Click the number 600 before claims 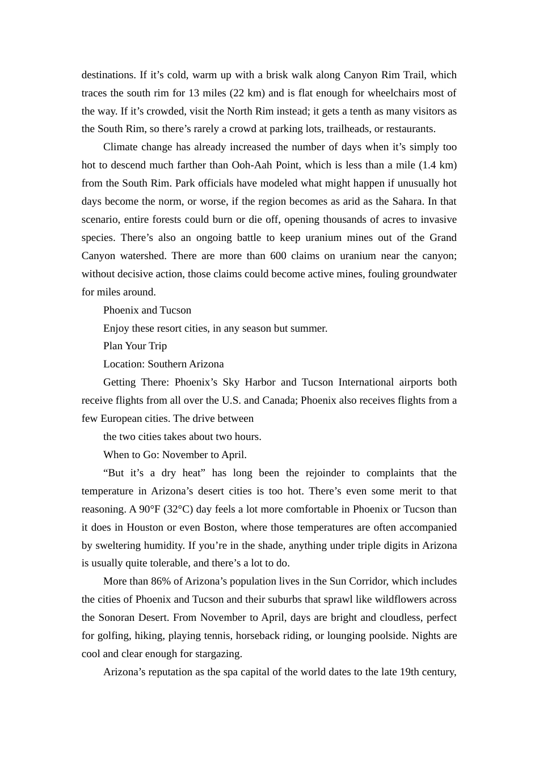(278, 256)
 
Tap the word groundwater (429, 274)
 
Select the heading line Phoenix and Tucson (147, 310)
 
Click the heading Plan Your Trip (135, 346)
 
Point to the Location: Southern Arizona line (163, 364)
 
